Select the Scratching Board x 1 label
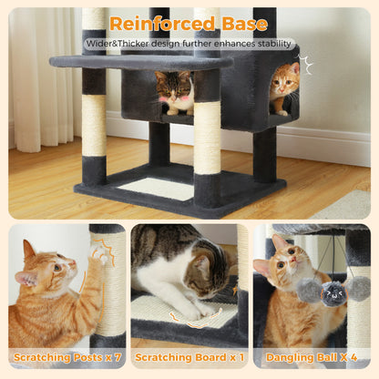click(189, 357)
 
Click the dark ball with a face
click(334, 292)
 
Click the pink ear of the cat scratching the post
click(29, 250)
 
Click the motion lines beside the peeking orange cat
click(307, 65)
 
